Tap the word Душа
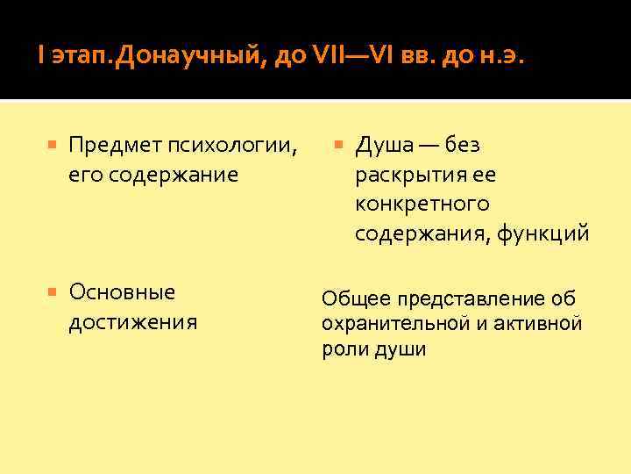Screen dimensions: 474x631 (x=385, y=144)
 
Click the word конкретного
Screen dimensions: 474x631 (x=422, y=204)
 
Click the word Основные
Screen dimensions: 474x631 (x=122, y=291)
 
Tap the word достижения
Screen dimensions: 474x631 (x=132, y=321)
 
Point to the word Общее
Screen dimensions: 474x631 (x=348, y=298)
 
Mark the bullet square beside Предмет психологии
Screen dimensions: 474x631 (x=53, y=144)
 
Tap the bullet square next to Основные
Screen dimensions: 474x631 (x=53, y=291)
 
